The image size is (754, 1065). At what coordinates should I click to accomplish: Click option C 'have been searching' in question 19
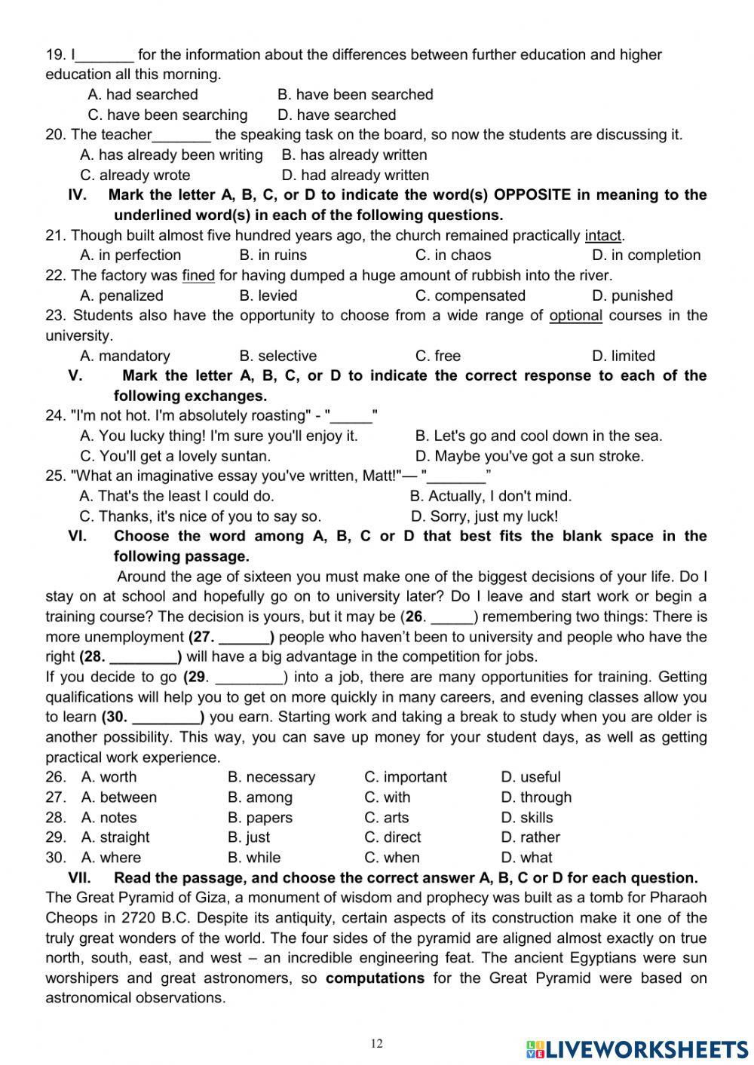pyautogui.click(x=167, y=115)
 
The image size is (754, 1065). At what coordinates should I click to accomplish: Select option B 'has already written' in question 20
pyautogui.click(x=354, y=155)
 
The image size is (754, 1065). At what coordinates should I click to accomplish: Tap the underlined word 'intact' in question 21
pyautogui.click(x=603, y=235)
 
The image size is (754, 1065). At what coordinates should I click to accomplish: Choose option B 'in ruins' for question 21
pyautogui.click(x=273, y=255)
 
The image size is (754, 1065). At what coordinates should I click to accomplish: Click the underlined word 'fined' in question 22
pyautogui.click(x=198, y=275)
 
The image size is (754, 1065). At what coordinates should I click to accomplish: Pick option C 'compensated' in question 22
pyautogui.click(x=470, y=295)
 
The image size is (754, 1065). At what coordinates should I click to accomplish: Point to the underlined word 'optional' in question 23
pyautogui.click(x=575, y=315)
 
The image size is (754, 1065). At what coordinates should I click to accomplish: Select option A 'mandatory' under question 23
pyautogui.click(x=125, y=356)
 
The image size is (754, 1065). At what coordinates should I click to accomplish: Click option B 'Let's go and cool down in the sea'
pyautogui.click(x=538, y=436)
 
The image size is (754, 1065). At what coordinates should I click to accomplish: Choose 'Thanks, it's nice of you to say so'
pyautogui.click(x=200, y=516)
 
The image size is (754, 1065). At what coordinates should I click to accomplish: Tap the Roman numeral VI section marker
pyautogui.click(x=78, y=536)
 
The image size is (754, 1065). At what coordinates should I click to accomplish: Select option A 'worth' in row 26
pyautogui.click(x=109, y=777)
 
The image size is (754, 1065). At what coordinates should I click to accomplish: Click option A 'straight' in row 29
pyautogui.click(x=115, y=837)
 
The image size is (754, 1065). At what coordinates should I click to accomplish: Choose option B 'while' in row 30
pyautogui.click(x=254, y=858)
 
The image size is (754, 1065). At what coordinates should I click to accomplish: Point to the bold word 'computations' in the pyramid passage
pyautogui.click(x=375, y=978)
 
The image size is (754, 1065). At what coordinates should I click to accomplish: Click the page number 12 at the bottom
pyautogui.click(x=377, y=1044)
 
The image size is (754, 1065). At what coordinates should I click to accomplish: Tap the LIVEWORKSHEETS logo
pyautogui.click(x=637, y=1049)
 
